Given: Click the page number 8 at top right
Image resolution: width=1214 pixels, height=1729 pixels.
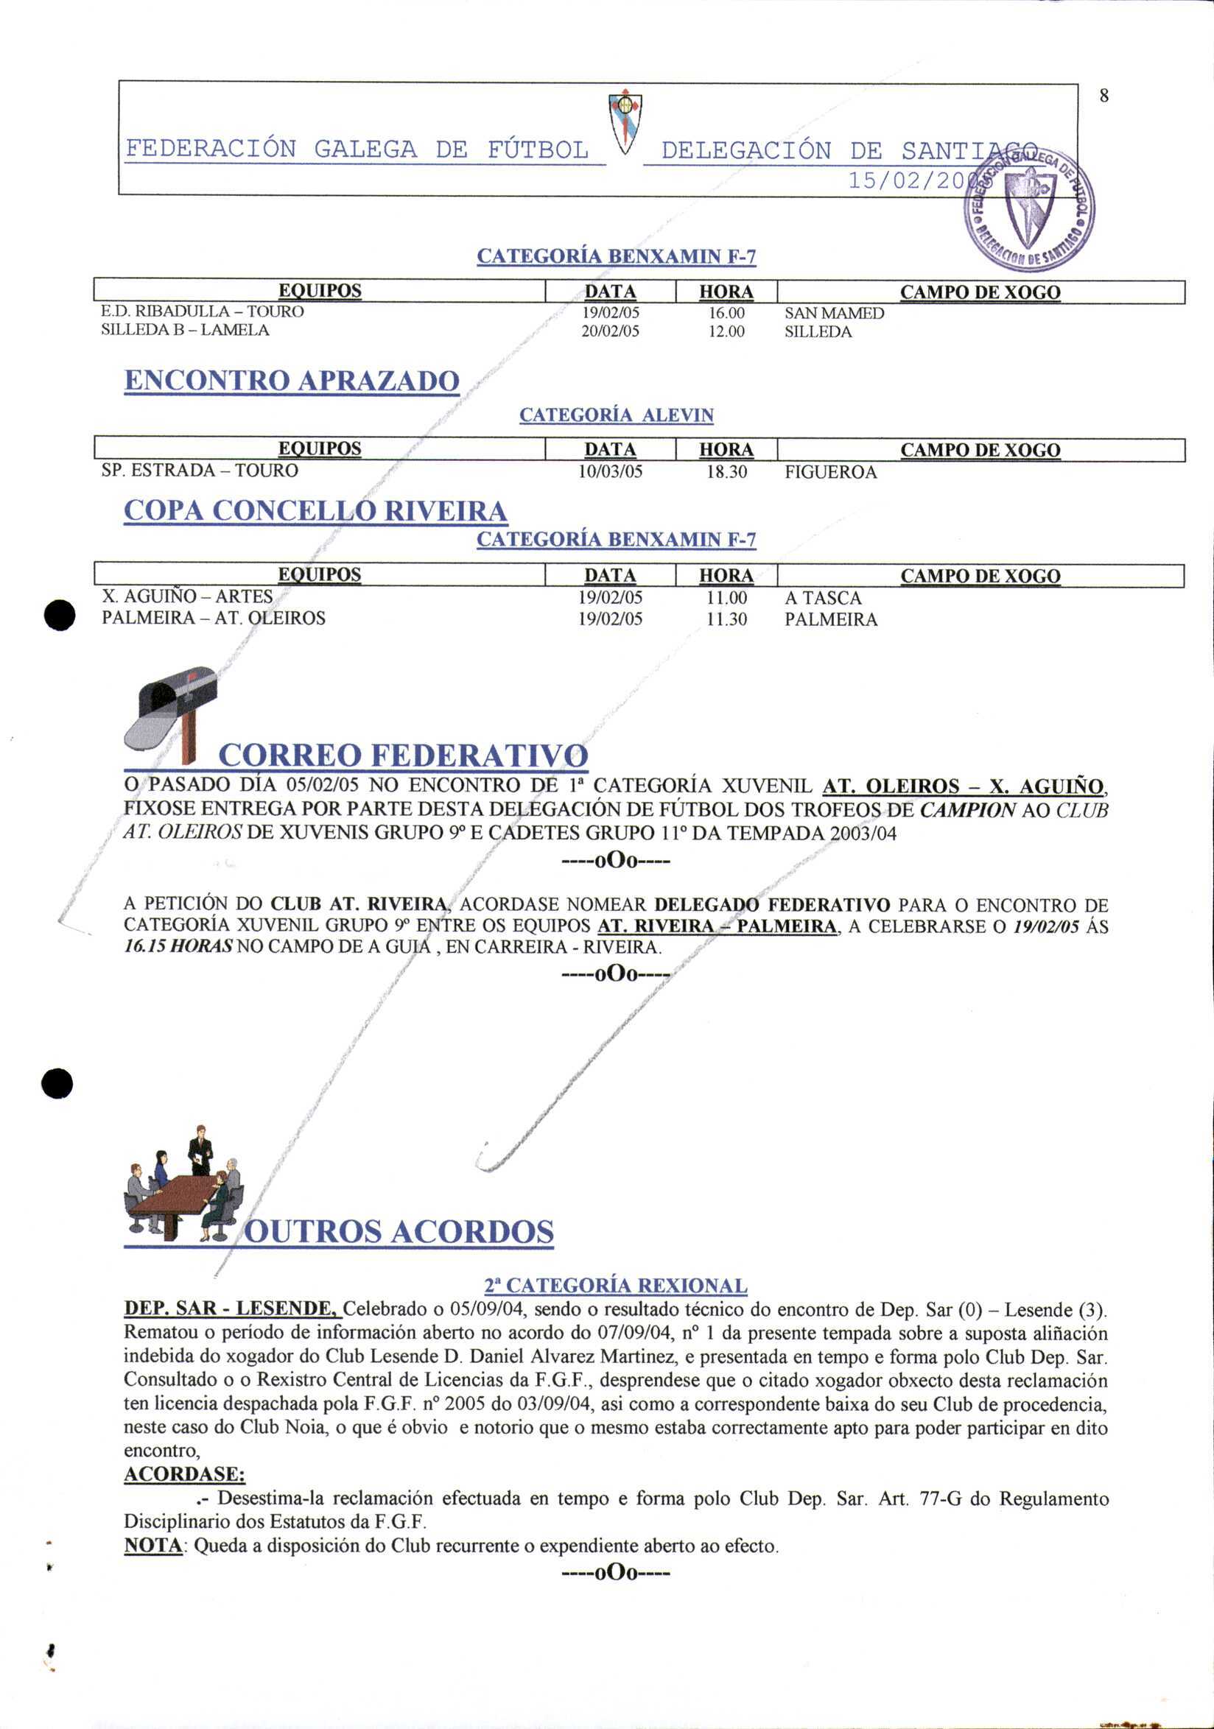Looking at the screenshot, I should [x=1104, y=96].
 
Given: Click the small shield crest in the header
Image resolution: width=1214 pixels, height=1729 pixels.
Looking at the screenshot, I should [x=625, y=120].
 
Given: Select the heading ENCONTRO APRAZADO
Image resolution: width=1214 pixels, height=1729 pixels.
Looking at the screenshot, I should [x=292, y=380].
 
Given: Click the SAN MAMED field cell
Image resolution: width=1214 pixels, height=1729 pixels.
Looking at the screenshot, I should [x=834, y=312].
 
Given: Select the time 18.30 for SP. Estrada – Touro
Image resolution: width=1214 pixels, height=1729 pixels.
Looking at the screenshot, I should [x=726, y=472].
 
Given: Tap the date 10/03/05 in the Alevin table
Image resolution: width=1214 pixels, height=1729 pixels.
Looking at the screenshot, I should [x=610, y=472].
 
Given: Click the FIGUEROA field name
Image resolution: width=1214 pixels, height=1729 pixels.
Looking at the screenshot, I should [x=830, y=472].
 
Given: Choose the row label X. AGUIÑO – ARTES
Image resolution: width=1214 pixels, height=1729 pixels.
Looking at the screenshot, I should [x=187, y=596].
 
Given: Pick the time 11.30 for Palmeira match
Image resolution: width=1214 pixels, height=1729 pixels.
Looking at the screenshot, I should [x=726, y=620].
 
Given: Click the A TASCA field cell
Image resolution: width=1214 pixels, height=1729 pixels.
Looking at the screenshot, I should [x=822, y=598].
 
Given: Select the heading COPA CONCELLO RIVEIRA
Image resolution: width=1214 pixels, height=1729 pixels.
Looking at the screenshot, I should [x=315, y=510].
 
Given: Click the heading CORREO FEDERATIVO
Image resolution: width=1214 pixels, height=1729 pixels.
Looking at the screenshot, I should [x=402, y=755].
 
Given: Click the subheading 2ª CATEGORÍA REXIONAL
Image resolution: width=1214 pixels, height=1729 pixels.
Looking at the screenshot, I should [x=615, y=1286].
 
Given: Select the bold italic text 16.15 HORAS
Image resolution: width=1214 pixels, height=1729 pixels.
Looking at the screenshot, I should [x=178, y=946].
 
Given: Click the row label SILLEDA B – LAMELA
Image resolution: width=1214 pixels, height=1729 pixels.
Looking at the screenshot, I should [x=184, y=330].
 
